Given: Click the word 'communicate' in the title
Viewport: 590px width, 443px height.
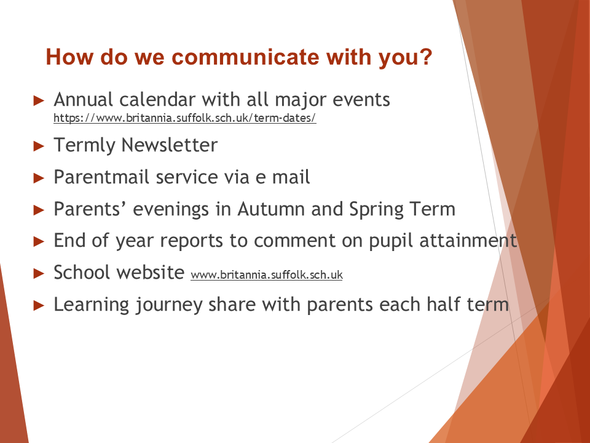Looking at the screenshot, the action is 246,57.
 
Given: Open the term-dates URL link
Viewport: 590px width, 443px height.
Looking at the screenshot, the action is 185,118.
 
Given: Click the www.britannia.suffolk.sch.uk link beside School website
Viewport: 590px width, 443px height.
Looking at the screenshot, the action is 267,274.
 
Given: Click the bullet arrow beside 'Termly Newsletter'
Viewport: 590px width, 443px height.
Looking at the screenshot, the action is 39,146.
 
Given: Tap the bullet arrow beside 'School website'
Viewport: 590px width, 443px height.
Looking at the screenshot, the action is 39,273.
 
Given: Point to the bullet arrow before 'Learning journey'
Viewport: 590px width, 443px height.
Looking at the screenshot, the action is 39,305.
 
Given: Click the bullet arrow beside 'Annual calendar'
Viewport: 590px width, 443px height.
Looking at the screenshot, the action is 39,100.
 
